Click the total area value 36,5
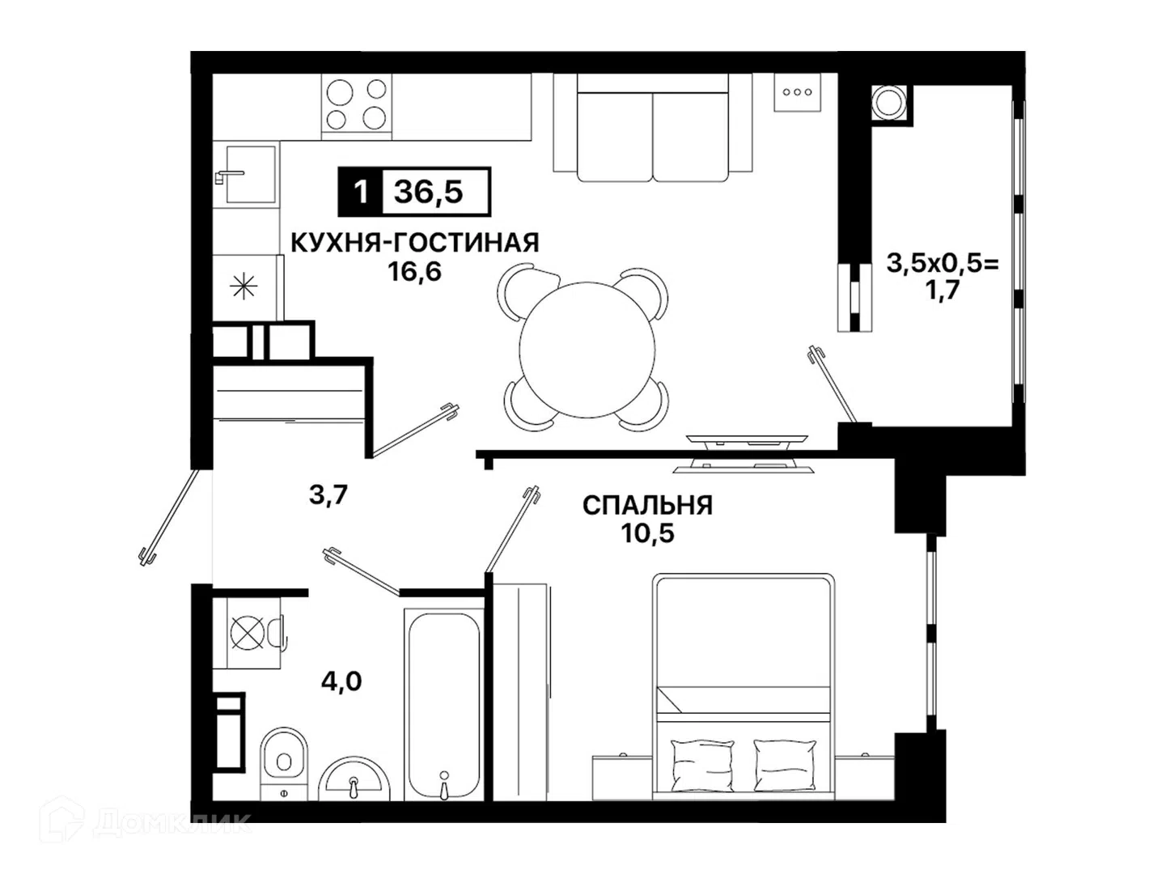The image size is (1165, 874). click(428, 192)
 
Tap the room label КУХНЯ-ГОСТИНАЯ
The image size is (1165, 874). click(414, 243)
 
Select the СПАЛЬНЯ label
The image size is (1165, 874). click(647, 505)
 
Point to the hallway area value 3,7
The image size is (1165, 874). click(328, 495)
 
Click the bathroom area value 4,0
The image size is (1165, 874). click(341, 681)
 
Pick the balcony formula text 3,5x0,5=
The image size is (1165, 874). click(943, 263)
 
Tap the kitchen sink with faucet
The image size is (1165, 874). click(247, 175)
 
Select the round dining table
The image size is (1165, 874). click(587, 350)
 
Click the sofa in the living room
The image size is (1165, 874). click(653, 127)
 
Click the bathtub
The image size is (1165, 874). click(444, 705)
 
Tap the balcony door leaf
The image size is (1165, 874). click(832, 383)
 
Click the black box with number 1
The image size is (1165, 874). click(360, 192)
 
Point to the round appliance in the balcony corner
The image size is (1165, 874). click(890, 102)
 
